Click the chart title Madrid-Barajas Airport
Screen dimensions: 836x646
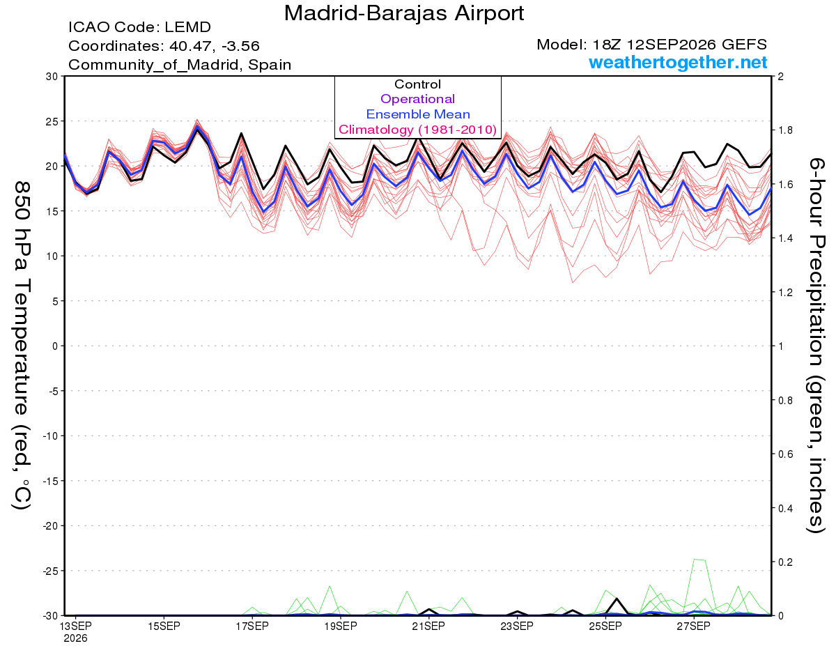pos(404,13)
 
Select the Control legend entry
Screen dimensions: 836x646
pos(417,84)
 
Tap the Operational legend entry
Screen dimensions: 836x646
pos(417,99)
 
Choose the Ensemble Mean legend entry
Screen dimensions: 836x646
pos(418,114)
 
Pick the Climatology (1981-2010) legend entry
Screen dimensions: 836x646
pos(417,130)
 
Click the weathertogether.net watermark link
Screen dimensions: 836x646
pos(678,62)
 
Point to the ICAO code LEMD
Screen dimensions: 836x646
pos(187,27)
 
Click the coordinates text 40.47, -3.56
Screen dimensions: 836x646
pos(215,46)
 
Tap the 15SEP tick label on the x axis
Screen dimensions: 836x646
pos(164,626)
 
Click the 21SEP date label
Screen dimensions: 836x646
pos(428,626)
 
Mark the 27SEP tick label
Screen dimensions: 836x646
pos(694,626)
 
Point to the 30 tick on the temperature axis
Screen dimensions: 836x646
pos(52,77)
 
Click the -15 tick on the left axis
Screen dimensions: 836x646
pos(50,481)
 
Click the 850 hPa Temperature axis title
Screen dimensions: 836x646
pos(22,346)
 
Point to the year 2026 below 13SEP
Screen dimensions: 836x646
pos(75,639)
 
